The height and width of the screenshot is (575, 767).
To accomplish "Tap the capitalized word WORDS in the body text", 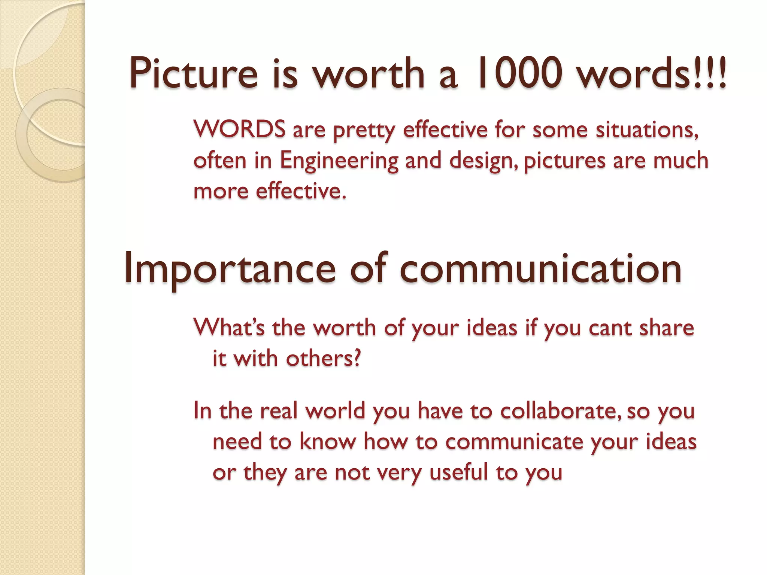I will tap(240, 130).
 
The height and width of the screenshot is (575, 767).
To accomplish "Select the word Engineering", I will tap(339, 161).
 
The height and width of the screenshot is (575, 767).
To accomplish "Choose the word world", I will tap(335, 411).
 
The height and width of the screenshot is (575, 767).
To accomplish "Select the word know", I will tap(327, 442).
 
